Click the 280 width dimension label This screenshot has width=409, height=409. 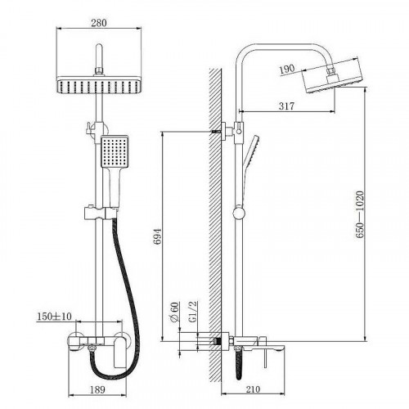(x=99, y=23)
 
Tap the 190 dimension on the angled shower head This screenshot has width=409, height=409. (x=287, y=69)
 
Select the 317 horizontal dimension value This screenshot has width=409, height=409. (x=286, y=106)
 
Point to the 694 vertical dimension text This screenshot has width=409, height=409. (x=158, y=236)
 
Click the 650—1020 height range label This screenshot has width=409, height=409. (x=360, y=214)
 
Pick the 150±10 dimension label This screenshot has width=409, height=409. (x=54, y=317)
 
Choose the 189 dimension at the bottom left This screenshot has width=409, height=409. (x=97, y=389)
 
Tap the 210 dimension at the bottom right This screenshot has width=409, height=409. (x=253, y=389)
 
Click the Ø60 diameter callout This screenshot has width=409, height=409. (x=175, y=312)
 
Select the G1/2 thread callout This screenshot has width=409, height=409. (x=193, y=312)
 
